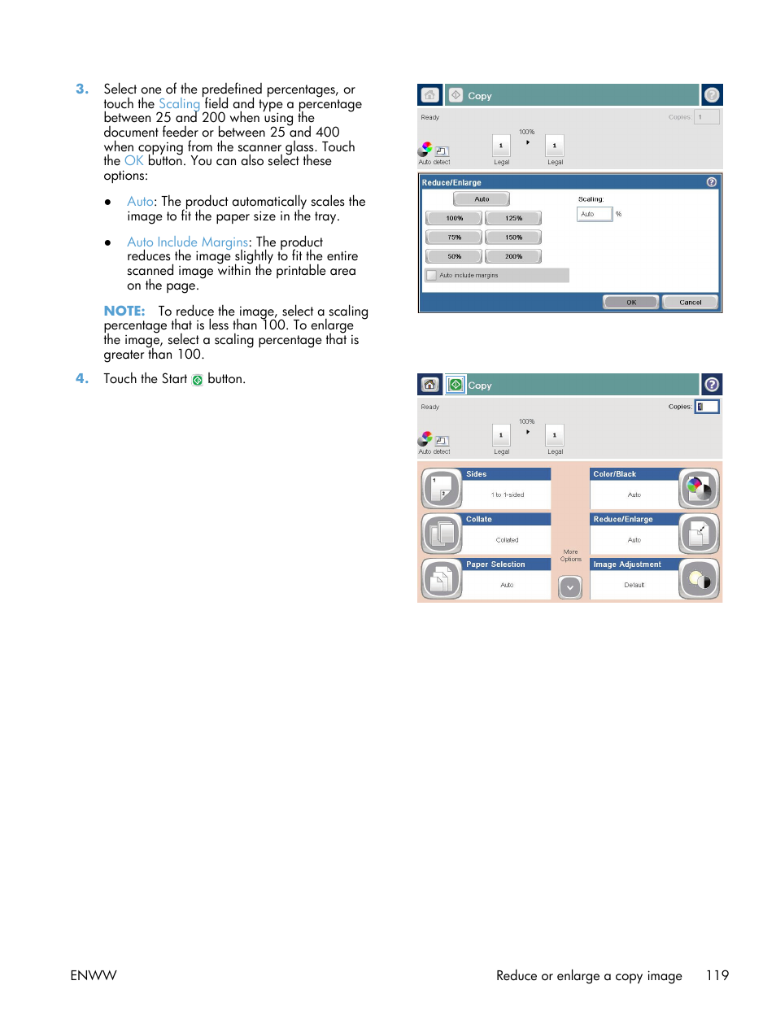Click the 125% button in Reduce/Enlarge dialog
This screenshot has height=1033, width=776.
pos(513,218)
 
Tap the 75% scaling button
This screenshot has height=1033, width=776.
pos(454,238)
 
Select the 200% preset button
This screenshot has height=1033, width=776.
pos(513,256)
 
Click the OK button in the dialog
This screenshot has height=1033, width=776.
pos(631,302)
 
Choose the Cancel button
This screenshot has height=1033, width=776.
pos(690,302)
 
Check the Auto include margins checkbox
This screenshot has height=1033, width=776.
pos(432,276)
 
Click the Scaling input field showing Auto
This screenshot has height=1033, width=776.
pos(594,215)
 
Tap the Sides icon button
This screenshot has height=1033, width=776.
pos(442,489)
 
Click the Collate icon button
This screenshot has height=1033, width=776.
pos(442,534)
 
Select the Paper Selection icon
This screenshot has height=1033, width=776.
pos(442,579)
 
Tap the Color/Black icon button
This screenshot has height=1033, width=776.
pos(699,489)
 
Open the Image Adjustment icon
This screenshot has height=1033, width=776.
pos(699,579)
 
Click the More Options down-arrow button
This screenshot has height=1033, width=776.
pos(570,586)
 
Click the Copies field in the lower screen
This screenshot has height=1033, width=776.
pos(707,407)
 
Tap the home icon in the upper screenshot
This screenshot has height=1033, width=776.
pos(429,95)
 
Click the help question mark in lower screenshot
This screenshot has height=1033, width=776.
pos(712,385)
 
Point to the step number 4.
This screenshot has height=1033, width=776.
pos(81,379)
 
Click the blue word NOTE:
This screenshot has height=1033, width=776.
pos(124,312)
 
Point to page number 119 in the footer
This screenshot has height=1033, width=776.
pos(717,975)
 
